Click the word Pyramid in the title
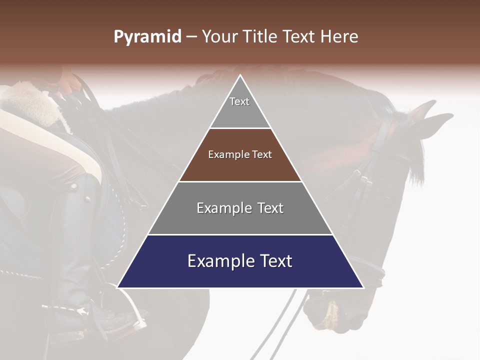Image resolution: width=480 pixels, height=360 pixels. pyautogui.click(x=147, y=37)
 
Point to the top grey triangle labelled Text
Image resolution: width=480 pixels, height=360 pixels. pyautogui.click(x=239, y=107)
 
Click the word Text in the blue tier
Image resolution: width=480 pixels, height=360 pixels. pyautogui.click(x=273, y=261)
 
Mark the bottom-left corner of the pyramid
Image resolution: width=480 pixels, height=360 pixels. pyautogui.click(x=118, y=287)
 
